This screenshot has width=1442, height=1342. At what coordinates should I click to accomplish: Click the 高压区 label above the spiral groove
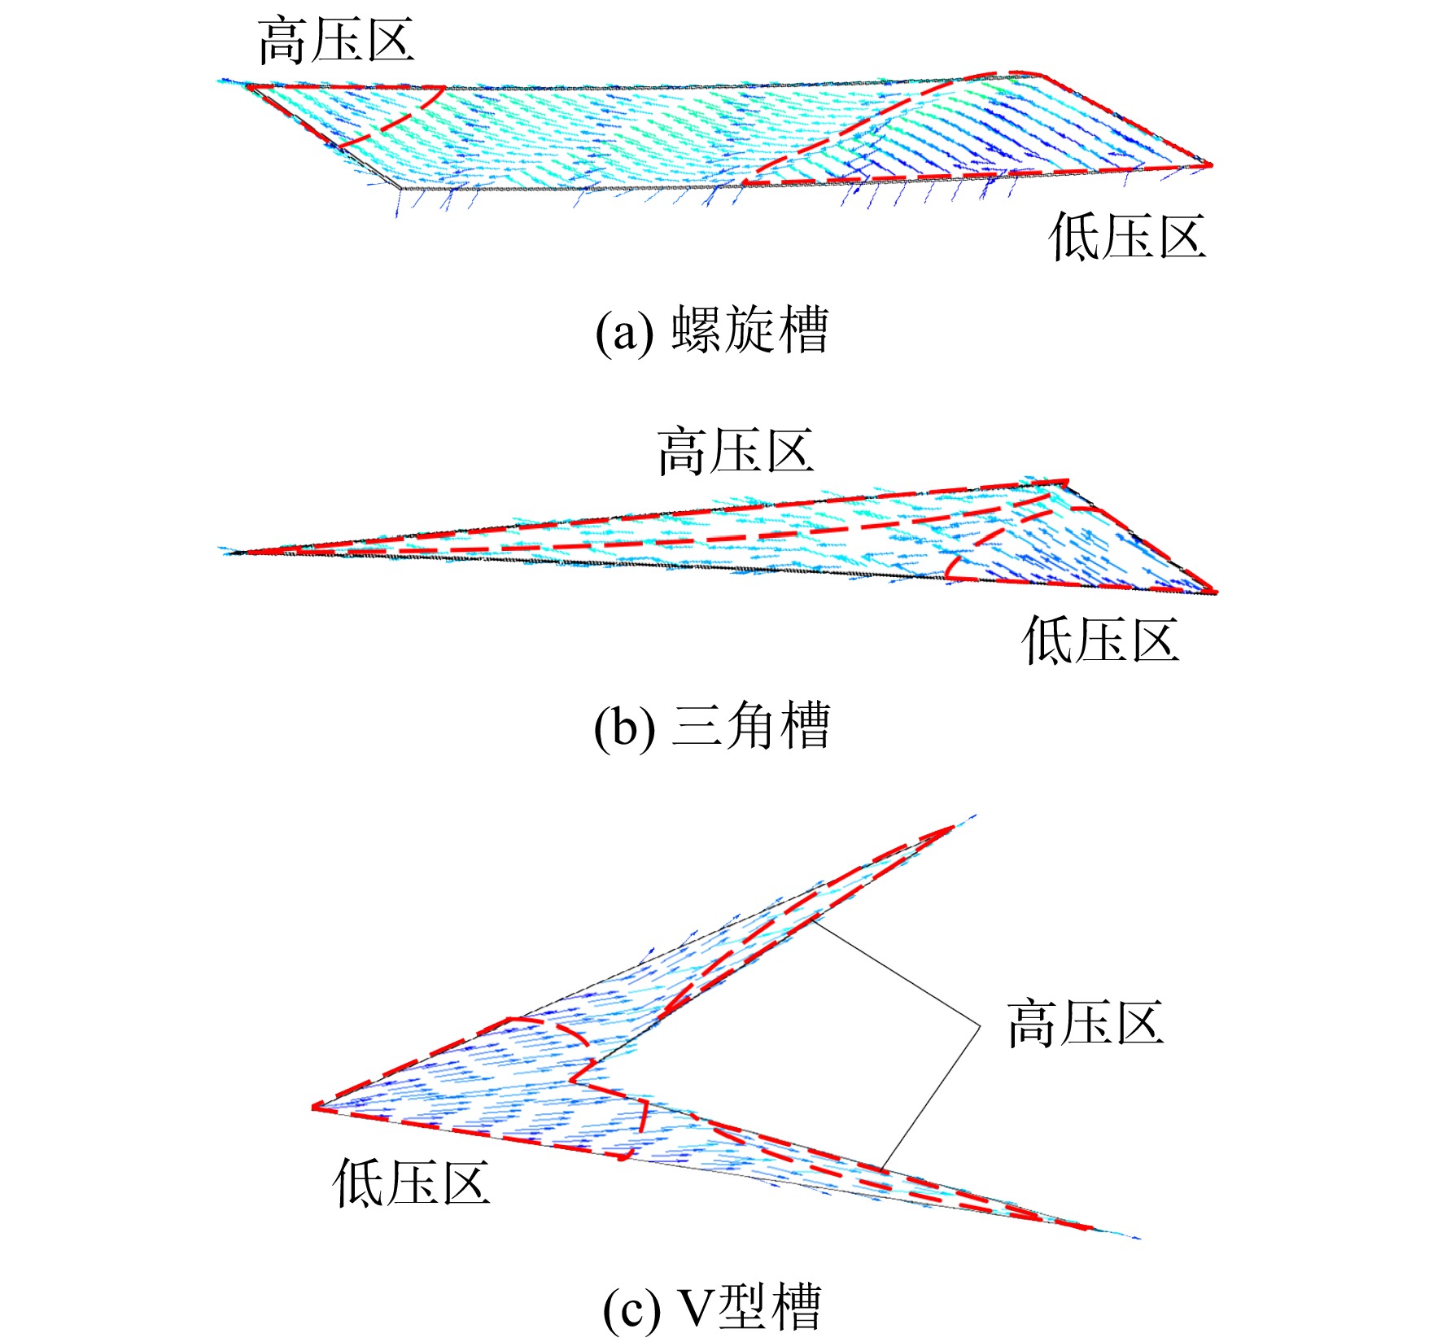click(336, 41)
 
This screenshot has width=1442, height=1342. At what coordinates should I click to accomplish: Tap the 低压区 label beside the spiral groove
click(1127, 237)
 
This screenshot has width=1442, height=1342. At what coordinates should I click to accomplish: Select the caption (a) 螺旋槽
click(712, 330)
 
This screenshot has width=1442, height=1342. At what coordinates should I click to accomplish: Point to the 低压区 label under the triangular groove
click(1100, 640)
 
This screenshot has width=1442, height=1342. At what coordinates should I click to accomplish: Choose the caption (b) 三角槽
click(712, 726)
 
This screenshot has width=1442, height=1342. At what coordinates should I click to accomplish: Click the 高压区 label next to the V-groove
click(1086, 1023)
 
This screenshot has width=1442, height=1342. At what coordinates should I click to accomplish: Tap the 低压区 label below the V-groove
click(412, 1182)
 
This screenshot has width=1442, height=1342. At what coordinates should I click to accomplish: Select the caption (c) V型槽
click(712, 1308)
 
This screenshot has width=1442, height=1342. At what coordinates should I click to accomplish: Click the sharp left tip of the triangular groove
click(232, 553)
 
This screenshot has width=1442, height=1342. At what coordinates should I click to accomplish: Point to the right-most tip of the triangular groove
click(1215, 592)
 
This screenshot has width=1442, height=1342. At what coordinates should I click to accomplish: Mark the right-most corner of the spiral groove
click(1211, 165)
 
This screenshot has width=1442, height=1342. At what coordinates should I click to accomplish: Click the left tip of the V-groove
click(314, 1107)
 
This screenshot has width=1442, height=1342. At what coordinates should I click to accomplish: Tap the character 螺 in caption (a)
click(697, 330)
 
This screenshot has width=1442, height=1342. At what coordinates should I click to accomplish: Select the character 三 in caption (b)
click(697, 726)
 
